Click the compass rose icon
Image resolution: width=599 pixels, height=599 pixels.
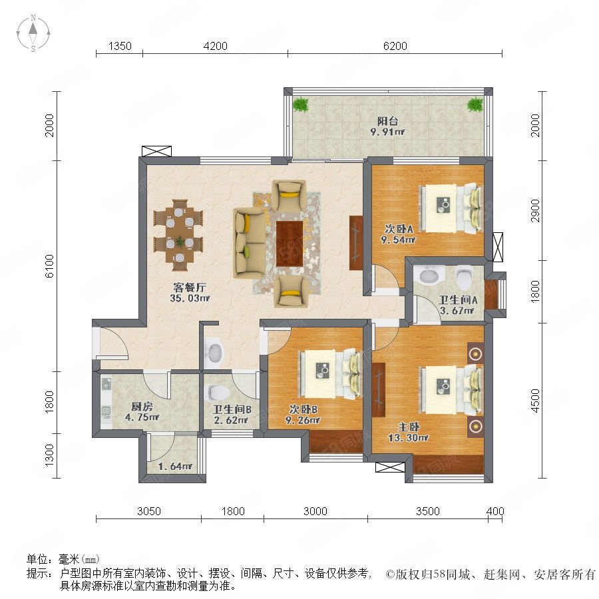click(33, 33)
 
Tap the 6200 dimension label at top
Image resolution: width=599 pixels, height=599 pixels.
click(395, 46)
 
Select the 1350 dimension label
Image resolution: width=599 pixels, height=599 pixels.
click(120, 46)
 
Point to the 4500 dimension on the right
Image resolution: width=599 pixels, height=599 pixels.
click(536, 401)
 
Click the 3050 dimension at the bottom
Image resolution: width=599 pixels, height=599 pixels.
click(149, 511)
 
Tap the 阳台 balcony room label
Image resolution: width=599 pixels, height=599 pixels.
click(388, 121)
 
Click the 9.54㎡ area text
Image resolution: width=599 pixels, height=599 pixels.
click(398, 240)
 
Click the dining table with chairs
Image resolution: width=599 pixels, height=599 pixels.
click(178, 235)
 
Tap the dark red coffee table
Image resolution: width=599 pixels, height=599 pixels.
click(290, 244)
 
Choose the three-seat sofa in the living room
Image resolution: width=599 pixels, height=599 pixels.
click(250, 243)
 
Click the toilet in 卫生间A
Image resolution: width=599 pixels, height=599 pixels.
click(464, 278)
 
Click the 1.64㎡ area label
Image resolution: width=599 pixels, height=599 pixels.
click(175, 467)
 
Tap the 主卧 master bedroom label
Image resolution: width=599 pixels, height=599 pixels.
click(409, 427)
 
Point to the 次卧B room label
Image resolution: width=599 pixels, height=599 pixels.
click(303, 409)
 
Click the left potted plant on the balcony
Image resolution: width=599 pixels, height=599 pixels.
click(301, 104)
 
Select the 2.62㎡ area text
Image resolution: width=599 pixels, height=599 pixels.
click(231, 420)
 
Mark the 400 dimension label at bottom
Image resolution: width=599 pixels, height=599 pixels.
click(495, 511)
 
